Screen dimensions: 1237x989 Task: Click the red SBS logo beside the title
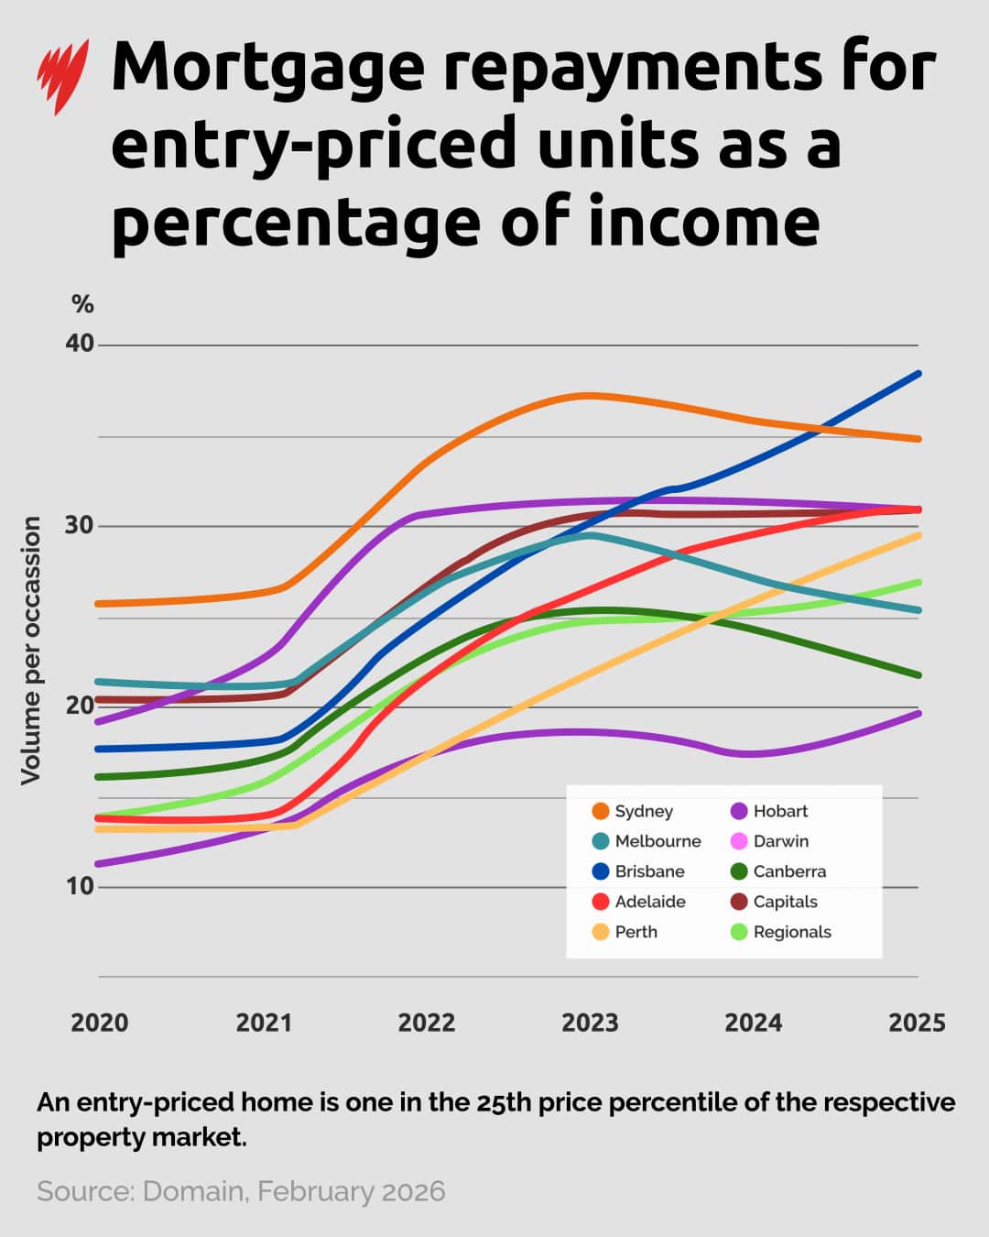[62, 75]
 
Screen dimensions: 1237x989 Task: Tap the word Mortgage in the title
[267, 70]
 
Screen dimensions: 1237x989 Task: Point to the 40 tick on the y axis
[80, 344]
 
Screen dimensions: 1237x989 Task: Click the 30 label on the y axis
[80, 525]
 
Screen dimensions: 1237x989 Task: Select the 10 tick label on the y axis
[80, 886]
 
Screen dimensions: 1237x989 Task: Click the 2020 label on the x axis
[100, 1023]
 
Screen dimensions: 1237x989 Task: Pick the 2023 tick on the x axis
[590, 1023]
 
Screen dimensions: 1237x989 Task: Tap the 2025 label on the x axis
[917, 1023]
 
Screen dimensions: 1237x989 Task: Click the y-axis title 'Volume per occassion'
[31, 651]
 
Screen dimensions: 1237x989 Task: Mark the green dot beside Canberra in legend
[739, 871]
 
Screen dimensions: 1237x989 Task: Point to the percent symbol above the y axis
[82, 304]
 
